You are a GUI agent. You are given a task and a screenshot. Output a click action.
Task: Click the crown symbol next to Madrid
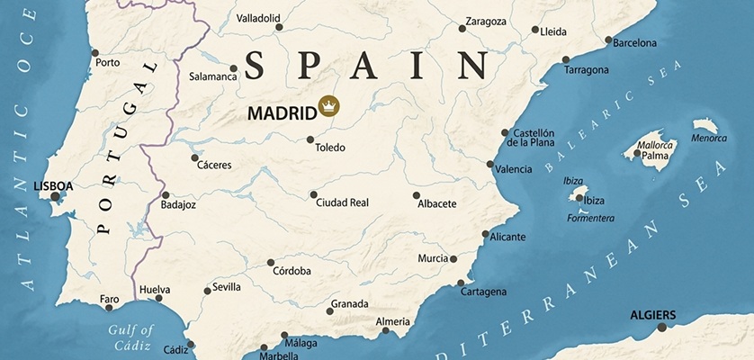[x=330, y=106]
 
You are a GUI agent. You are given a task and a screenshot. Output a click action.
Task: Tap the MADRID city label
[x=282, y=112]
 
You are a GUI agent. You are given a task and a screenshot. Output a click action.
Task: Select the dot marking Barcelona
[x=608, y=40]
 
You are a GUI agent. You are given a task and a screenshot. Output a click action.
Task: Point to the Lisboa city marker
[x=56, y=196]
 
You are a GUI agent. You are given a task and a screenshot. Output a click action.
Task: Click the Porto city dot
[x=96, y=52]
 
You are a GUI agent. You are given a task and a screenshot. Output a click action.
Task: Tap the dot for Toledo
[x=310, y=139]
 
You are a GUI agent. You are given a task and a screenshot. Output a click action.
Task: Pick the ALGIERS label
[x=654, y=315]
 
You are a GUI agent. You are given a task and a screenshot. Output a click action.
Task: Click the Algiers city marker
[x=662, y=327]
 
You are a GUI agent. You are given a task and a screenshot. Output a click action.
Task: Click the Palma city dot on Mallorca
[x=638, y=154]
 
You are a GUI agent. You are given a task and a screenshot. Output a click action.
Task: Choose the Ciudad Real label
[x=343, y=202]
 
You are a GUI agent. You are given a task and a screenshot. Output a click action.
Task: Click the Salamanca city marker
[x=234, y=67]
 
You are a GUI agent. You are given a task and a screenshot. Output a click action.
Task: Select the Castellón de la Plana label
[x=530, y=138]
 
